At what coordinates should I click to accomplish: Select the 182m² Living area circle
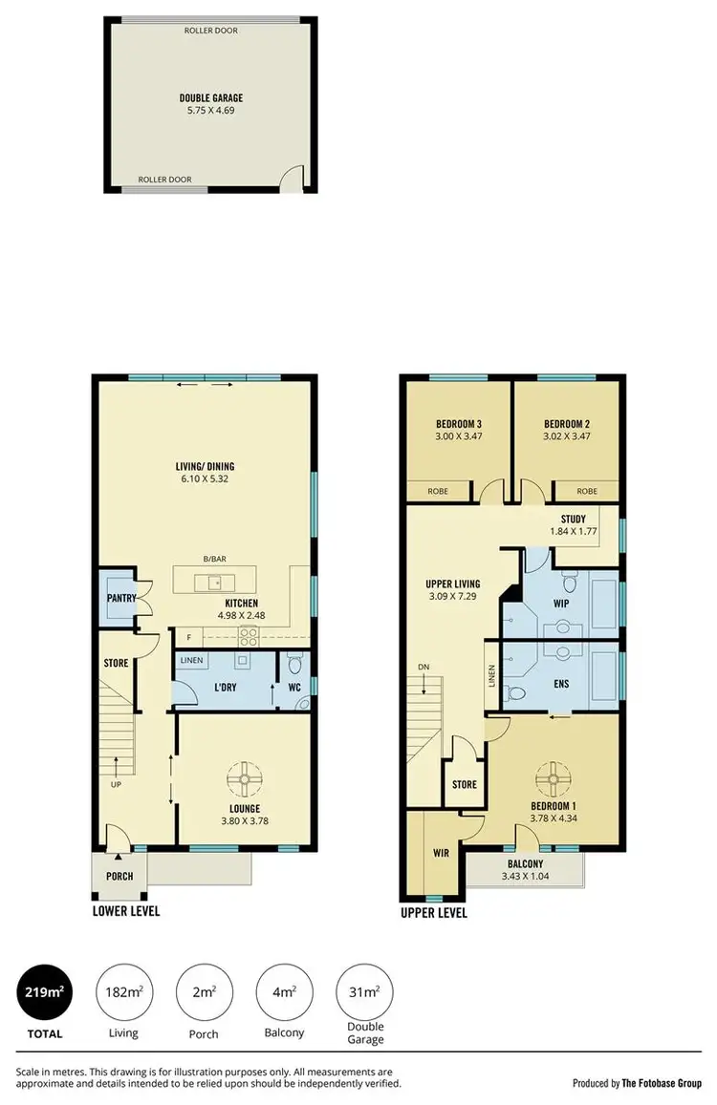pyautogui.click(x=123, y=993)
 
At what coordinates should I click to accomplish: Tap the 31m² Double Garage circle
pyautogui.click(x=364, y=993)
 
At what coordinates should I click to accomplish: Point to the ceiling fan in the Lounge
pyautogui.click(x=245, y=780)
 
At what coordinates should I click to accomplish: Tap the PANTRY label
pyautogui.click(x=119, y=598)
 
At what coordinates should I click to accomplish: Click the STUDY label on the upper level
pyautogui.click(x=574, y=520)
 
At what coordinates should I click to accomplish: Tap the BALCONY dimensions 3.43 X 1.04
pyautogui.click(x=526, y=876)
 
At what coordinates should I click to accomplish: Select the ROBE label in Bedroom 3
pyautogui.click(x=438, y=492)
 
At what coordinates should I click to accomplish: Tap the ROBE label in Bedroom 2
pyautogui.click(x=588, y=492)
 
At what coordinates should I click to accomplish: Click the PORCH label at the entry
pyautogui.click(x=119, y=877)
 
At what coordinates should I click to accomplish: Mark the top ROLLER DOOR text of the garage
pyautogui.click(x=211, y=31)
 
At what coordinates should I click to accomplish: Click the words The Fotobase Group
pyautogui.click(x=662, y=1082)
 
